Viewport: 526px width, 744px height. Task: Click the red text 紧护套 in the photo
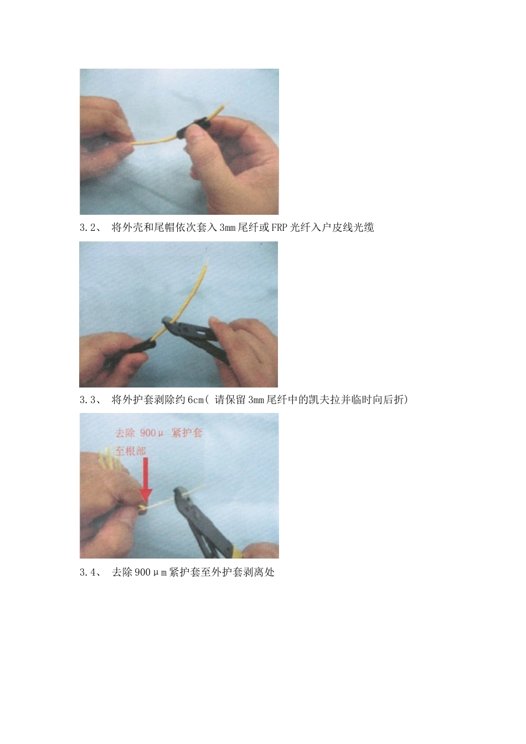(187, 433)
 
